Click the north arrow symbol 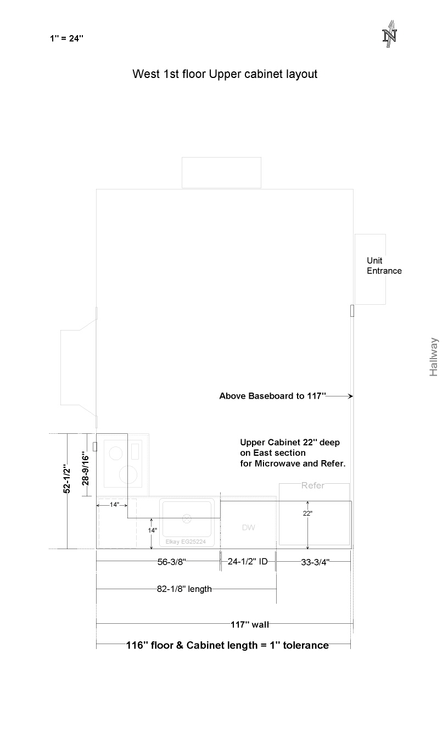point(389,34)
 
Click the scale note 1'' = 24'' point(66,38)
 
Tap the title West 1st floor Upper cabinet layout point(225,74)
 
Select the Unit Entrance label point(384,266)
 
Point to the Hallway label point(434,357)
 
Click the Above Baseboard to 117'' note point(273,396)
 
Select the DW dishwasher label point(248,528)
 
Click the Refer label point(312,485)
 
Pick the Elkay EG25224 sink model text point(186,541)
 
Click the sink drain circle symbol point(187,518)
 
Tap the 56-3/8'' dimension point(172,562)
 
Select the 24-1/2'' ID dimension point(248,561)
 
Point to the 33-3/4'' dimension point(315,562)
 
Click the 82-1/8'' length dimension point(184,589)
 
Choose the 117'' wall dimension point(250,624)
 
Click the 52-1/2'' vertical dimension point(67,479)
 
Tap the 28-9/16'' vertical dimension point(86,470)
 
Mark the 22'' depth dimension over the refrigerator point(307,513)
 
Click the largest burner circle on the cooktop point(128,475)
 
